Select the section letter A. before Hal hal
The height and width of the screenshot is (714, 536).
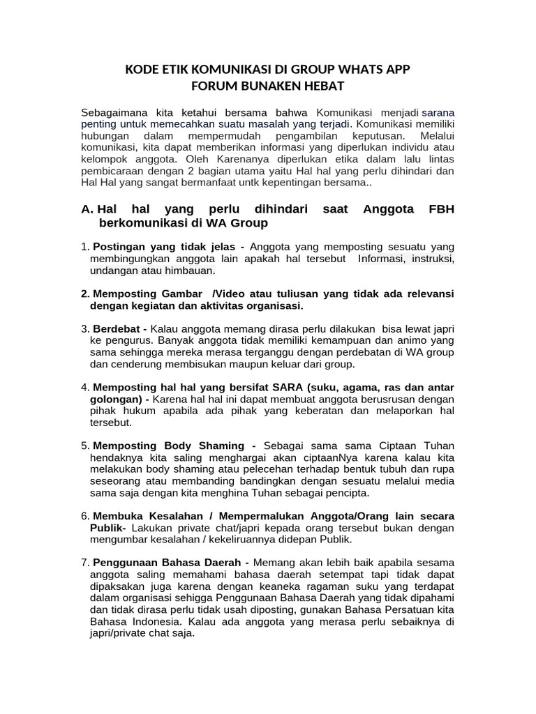[87, 209]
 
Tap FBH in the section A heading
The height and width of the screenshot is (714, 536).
[440, 209]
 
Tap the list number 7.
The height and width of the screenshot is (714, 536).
[85, 563]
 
